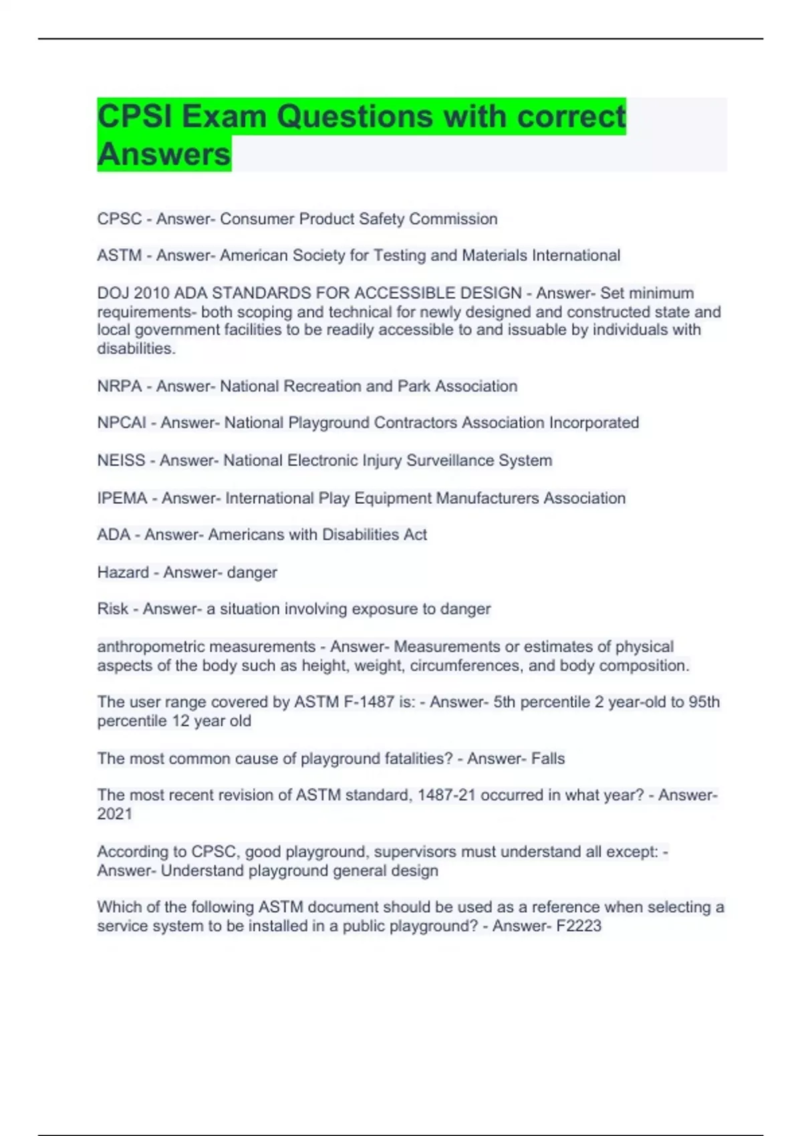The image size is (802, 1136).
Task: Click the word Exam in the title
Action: click(x=224, y=117)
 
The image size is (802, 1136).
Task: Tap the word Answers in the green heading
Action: click(x=164, y=154)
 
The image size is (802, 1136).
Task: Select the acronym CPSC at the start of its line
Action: click(x=120, y=219)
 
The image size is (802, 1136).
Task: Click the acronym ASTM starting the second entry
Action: click(x=120, y=256)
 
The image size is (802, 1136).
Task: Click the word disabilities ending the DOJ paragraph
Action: click(x=136, y=349)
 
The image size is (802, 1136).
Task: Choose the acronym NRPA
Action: click(x=120, y=386)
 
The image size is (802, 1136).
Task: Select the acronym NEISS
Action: click(x=121, y=460)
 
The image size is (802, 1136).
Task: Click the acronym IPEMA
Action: click(x=122, y=498)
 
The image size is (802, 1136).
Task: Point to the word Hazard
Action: click(x=123, y=573)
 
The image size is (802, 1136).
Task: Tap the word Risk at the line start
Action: click(x=112, y=609)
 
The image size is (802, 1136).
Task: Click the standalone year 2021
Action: click(x=114, y=814)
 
